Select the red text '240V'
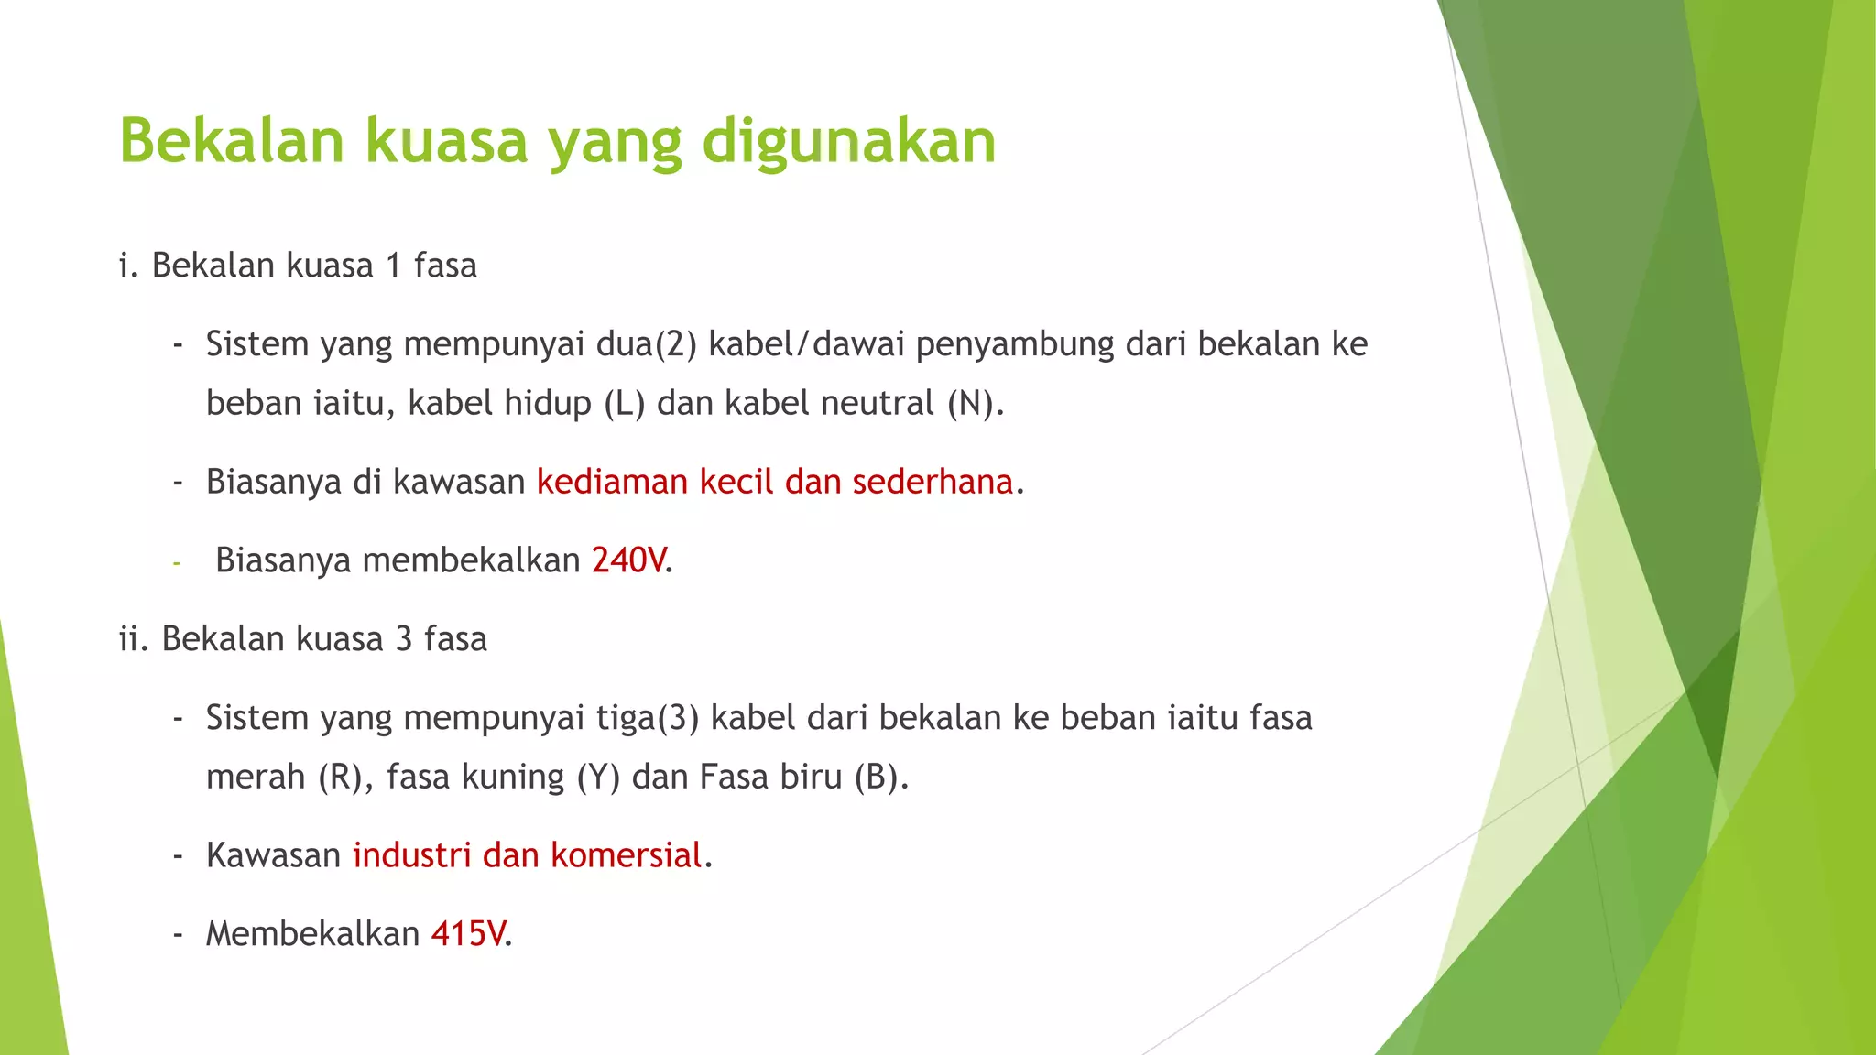(628, 560)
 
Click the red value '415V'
(468, 933)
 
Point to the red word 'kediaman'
(612, 482)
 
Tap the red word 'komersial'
(626, 855)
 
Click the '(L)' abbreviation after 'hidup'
(625, 403)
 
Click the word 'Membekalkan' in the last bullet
(312, 933)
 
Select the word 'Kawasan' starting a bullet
(273, 855)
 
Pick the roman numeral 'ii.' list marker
(134, 639)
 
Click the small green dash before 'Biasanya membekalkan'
(177, 561)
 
